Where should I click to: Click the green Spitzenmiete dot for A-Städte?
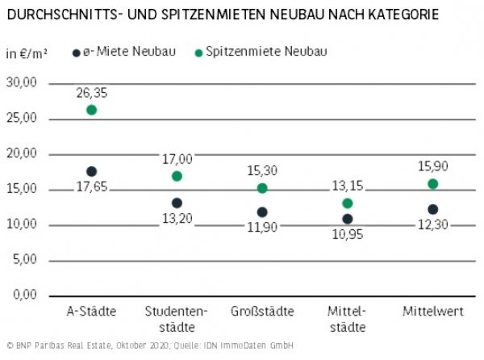pyautogui.click(x=91, y=110)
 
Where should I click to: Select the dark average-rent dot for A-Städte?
pyautogui.click(x=91, y=172)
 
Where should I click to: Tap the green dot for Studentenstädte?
pyautogui.click(x=177, y=176)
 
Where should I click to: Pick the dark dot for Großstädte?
pyautogui.click(x=262, y=212)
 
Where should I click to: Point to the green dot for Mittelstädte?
pyautogui.click(x=348, y=203)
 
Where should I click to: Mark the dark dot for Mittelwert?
pyautogui.click(x=433, y=209)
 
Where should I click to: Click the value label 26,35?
pyautogui.click(x=91, y=93)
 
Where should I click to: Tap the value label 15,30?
pyautogui.click(x=262, y=171)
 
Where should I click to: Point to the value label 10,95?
pyautogui.click(x=348, y=235)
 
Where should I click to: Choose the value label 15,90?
pyautogui.click(x=433, y=166)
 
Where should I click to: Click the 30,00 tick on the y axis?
pyautogui.click(x=23, y=82)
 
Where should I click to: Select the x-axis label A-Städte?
pyautogui.click(x=91, y=312)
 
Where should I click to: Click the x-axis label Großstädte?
pyautogui.click(x=262, y=312)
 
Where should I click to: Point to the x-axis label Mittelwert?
pyautogui.click(x=433, y=312)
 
